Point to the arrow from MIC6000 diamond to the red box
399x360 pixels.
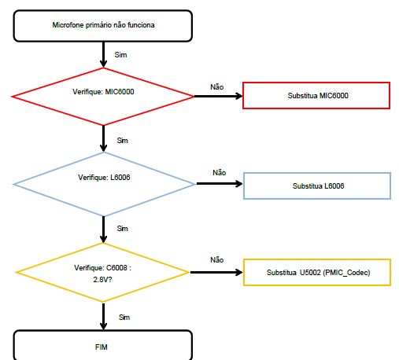pos(218,96)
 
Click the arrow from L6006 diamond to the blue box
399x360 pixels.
pos(220,184)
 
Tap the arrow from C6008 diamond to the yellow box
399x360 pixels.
pos(216,273)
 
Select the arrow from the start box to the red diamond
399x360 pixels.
pos(103,54)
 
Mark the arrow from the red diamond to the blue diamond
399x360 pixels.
pos(103,138)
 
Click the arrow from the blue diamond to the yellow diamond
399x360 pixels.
pos(103,230)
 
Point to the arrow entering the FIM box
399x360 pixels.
pos(103,317)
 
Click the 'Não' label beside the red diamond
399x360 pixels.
pos(217,86)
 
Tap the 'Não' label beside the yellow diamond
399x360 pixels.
pos(217,259)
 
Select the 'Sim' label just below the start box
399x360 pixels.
pos(120,55)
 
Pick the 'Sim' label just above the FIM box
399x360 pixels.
pos(124,318)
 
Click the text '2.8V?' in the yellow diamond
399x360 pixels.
pos(102,280)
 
